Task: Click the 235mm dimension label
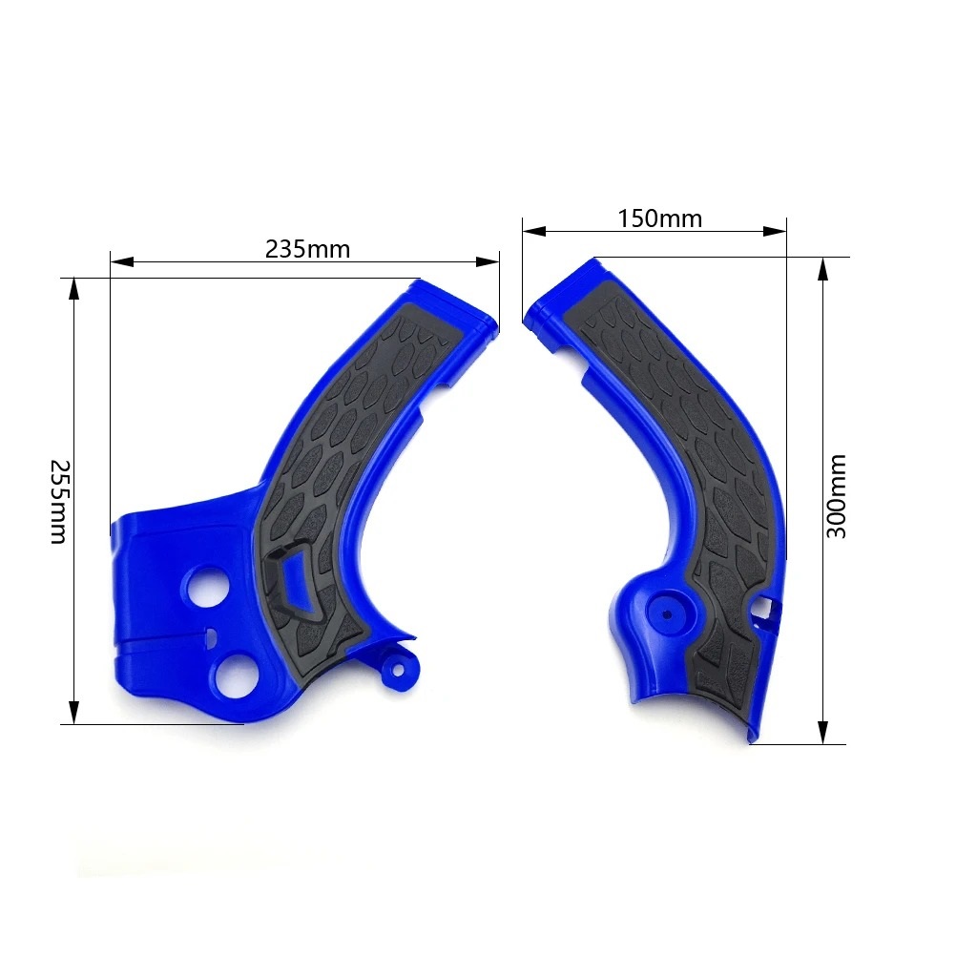point(307,249)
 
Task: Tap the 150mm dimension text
point(659,218)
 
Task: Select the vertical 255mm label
point(58,501)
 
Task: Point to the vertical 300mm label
point(837,495)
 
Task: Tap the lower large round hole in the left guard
point(235,675)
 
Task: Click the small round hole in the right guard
point(663,610)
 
